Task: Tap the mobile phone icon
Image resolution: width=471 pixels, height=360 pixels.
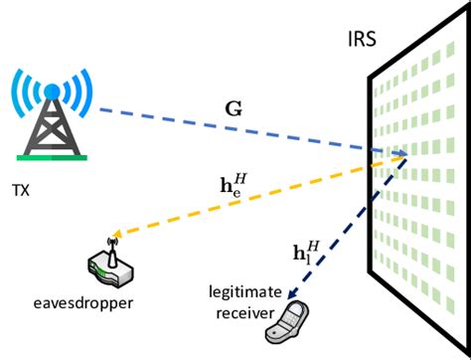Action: click(x=290, y=322)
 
